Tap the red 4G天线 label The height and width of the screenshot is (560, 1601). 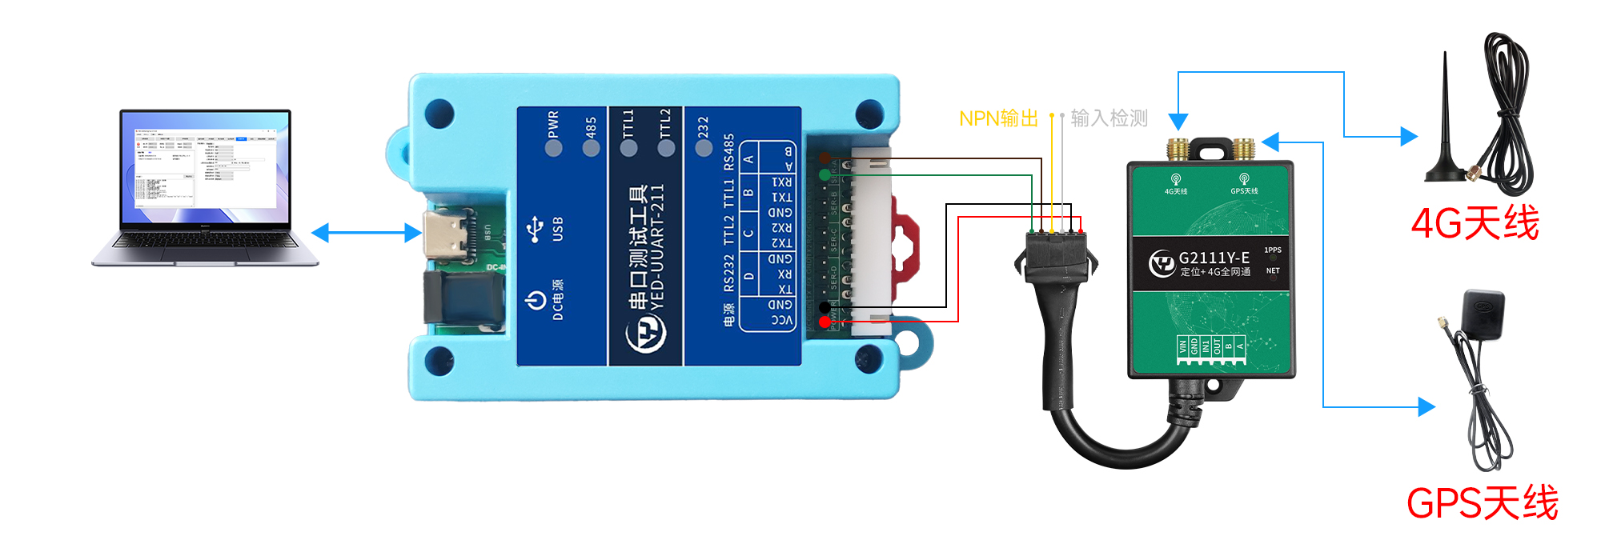click(1475, 222)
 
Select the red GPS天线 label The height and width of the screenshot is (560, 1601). click(1482, 503)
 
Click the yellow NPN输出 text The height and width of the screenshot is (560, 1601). click(998, 118)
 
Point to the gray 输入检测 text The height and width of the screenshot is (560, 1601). click(1109, 118)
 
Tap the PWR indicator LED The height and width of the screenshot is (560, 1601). click(553, 148)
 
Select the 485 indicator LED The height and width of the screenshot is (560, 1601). click(591, 148)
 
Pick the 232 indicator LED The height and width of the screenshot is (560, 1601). click(704, 148)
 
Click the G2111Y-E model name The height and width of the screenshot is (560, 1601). click(1214, 258)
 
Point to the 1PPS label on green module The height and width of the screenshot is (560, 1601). click(1273, 250)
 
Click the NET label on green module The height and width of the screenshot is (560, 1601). click(1273, 271)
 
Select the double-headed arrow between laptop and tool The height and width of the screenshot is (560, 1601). click(366, 233)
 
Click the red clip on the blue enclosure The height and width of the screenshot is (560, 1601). click(908, 240)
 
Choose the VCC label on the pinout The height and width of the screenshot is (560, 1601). click(781, 320)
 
